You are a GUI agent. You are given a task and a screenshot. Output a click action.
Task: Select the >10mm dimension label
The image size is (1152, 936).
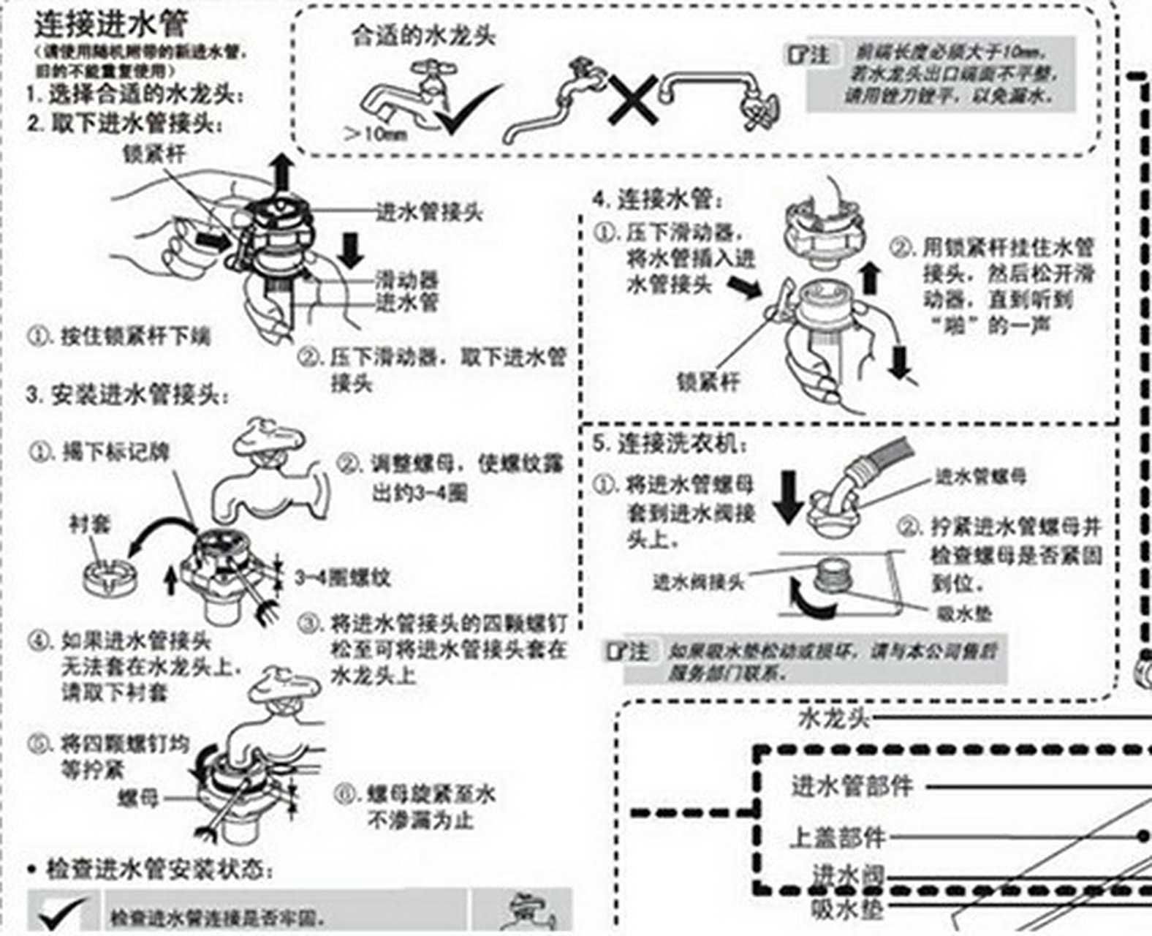375,134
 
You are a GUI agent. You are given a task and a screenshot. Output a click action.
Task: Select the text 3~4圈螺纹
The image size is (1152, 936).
343,578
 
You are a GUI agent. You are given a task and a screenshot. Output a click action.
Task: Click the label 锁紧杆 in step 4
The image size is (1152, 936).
708,381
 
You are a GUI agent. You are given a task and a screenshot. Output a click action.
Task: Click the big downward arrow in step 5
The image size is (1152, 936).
788,497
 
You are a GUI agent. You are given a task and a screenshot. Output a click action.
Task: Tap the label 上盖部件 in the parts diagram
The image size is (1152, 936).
838,837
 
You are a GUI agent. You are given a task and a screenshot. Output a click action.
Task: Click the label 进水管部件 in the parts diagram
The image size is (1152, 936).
852,787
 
